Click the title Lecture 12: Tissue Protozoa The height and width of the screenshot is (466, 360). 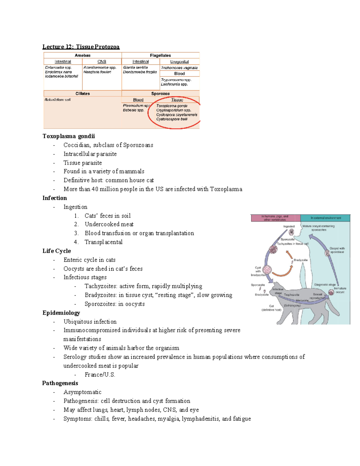[x=81, y=47]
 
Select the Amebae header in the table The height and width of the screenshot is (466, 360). [x=82, y=56]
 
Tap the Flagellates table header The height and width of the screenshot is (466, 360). [x=160, y=56]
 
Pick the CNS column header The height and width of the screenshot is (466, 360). [x=102, y=62]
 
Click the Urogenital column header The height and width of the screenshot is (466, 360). [x=179, y=62]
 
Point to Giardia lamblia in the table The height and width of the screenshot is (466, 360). [x=135, y=68]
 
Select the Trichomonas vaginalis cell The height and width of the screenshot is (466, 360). [x=179, y=68]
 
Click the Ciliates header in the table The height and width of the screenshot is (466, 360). [x=82, y=94]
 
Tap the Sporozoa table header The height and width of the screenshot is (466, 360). [x=160, y=94]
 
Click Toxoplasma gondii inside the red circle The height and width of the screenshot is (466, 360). [x=172, y=106]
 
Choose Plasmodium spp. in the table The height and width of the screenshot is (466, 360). [x=136, y=106]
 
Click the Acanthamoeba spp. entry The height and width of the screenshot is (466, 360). [x=100, y=68]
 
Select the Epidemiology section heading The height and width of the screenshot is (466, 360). [x=61, y=313]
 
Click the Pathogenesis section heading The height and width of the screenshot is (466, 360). [x=60, y=383]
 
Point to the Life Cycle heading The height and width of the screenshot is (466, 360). [x=57, y=251]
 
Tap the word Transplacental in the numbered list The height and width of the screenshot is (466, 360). [x=103, y=242]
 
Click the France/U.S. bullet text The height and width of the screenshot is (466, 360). [x=100, y=374]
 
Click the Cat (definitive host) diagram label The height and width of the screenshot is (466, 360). [x=271, y=308]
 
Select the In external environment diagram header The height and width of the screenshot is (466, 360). [x=325, y=218]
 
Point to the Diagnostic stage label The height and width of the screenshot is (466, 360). [x=325, y=284]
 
